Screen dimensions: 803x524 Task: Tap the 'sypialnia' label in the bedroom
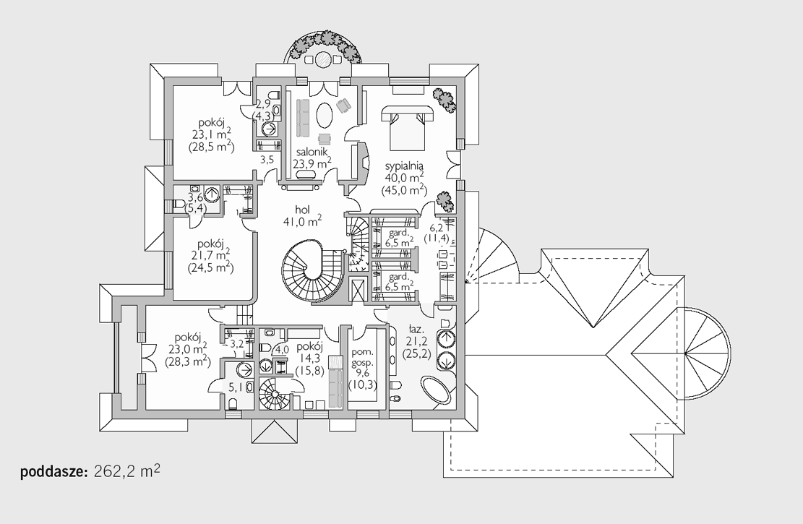404,166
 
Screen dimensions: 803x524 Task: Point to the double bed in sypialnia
407,127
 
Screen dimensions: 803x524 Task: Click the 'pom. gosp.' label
363,357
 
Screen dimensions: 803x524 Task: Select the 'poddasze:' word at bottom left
55,472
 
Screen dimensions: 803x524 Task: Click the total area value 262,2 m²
127,471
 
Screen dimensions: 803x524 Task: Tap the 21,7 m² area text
211,254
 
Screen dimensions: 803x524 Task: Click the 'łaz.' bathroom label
416,328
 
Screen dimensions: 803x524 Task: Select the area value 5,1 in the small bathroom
234,386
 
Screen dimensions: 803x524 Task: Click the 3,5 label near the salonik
267,159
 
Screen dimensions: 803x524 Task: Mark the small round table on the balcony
323,59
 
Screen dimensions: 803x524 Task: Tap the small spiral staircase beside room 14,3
274,393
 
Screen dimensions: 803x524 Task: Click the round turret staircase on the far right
707,353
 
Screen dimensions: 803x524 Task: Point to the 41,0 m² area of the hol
302,220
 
